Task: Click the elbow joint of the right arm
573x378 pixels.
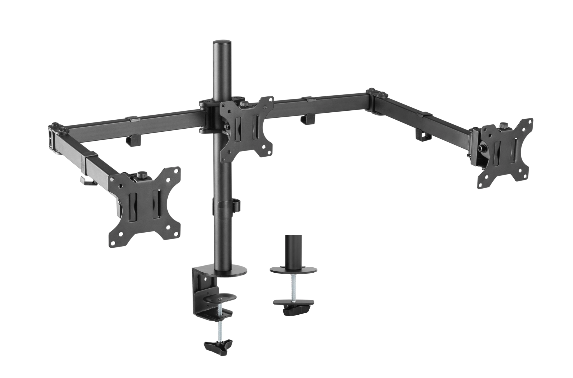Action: tap(375, 101)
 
